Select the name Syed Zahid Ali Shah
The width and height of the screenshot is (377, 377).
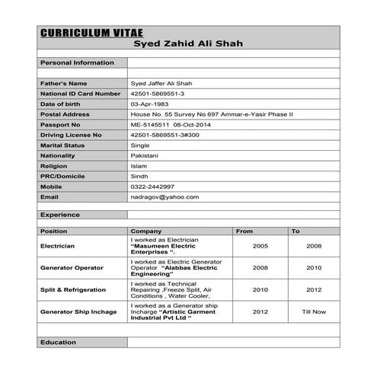tap(187, 45)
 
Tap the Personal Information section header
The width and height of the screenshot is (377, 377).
tap(77, 62)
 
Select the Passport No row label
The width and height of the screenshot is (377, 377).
tap(60, 124)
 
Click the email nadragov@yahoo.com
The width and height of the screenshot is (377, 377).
tap(165, 196)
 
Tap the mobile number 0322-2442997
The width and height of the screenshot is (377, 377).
tap(152, 187)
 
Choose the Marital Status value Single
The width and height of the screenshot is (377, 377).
tap(140, 145)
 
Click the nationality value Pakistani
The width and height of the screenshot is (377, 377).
tap(145, 155)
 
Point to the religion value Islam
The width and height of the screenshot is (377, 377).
tap(139, 165)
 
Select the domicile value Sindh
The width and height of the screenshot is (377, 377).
tap(139, 176)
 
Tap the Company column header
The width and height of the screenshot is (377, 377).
tap(145, 231)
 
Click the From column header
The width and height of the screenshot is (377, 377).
tap(244, 231)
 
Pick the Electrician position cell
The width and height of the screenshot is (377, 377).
tap(57, 246)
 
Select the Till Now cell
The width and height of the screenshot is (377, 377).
tap(313, 312)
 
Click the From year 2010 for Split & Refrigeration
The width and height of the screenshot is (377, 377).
tap(260, 289)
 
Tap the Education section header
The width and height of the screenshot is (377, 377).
tap(59, 343)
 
